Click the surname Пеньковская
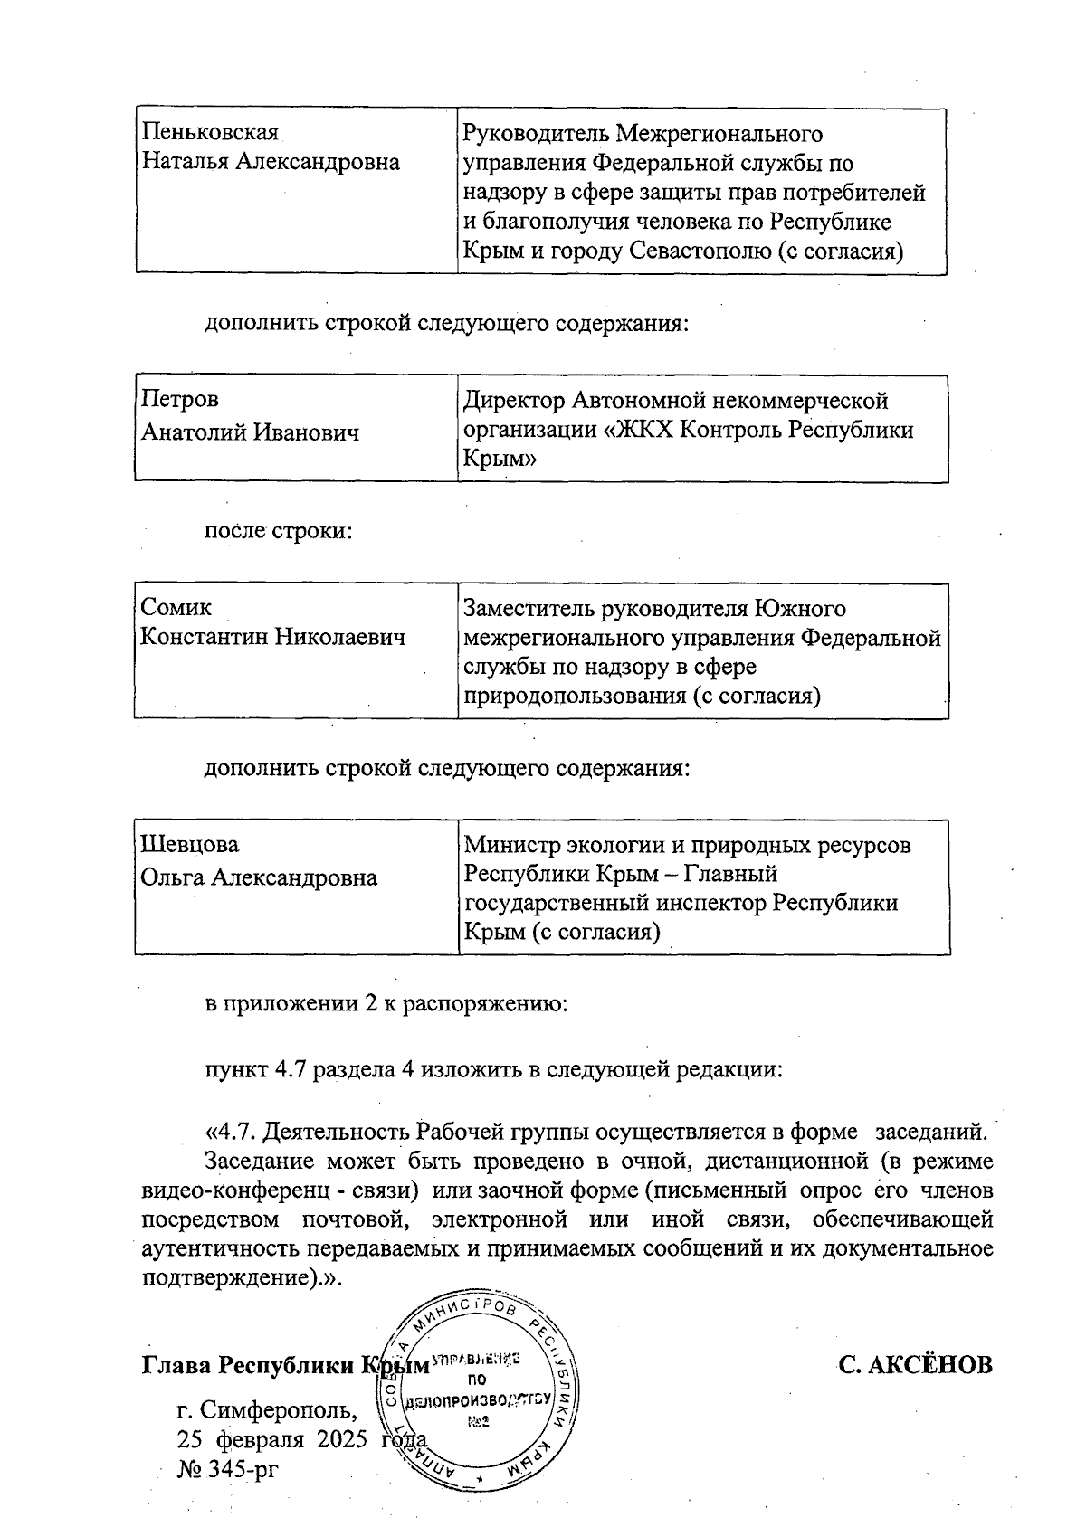209,133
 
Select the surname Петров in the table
180,399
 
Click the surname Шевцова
190,844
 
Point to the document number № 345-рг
227,1467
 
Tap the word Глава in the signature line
177,1365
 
